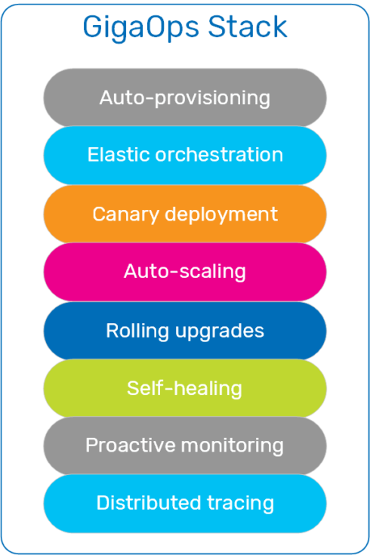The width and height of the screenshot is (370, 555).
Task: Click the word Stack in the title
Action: (248, 26)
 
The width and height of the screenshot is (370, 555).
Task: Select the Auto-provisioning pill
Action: (185, 97)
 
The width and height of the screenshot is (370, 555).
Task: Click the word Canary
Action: (125, 215)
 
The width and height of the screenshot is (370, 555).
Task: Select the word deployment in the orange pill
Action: (221, 215)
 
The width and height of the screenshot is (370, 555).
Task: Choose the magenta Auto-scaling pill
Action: (185, 272)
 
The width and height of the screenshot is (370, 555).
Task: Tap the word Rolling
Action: (137, 331)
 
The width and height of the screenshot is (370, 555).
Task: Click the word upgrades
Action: (220, 331)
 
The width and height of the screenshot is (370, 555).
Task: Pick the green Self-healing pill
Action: (185, 388)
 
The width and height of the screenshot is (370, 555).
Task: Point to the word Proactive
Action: (131, 445)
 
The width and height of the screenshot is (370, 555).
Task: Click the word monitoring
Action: (233, 446)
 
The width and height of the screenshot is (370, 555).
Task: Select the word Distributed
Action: (149, 503)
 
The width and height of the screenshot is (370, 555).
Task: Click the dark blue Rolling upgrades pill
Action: (185, 331)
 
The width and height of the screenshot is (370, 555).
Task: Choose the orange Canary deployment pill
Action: (185, 214)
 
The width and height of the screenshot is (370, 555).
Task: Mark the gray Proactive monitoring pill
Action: (185, 446)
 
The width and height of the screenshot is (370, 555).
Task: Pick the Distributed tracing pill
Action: (185, 504)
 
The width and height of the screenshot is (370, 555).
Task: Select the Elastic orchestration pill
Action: (185, 156)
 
